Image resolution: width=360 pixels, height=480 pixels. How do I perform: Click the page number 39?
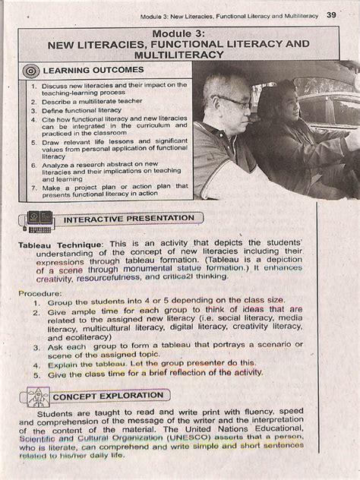point(333,14)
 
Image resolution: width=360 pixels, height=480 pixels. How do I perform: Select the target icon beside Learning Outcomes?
point(32,71)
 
